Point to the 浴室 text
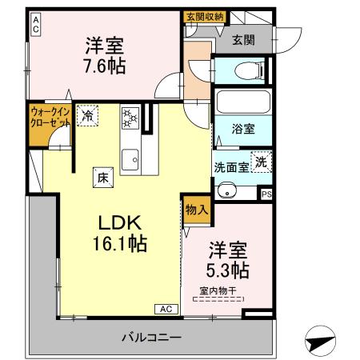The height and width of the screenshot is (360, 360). pos(242,127)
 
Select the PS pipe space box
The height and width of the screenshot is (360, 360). pos(266,192)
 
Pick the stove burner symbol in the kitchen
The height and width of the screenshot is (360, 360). pos(130,118)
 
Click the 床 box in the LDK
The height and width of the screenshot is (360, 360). pos(102,176)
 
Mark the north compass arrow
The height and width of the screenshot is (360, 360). pos(320,342)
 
